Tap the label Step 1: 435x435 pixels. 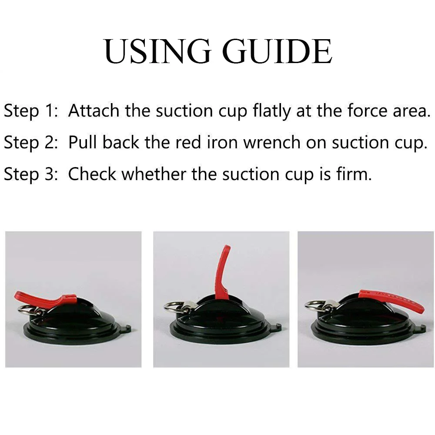click(x=31, y=111)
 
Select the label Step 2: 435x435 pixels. click(x=31, y=143)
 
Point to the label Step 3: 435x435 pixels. click(x=31, y=175)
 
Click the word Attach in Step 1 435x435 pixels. click(x=94, y=110)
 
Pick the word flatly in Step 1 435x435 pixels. click(x=271, y=111)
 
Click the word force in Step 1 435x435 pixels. click(x=367, y=110)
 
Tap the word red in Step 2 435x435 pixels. click(x=188, y=143)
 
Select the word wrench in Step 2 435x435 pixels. click(x=272, y=143)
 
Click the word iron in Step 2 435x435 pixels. click(x=222, y=143)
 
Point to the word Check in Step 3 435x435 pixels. click(x=92, y=174)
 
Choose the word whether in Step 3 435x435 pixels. click(x=154, y=174)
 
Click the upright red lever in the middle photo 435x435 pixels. click(x=222, y=272)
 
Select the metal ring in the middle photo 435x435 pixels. click(x=175, y=307)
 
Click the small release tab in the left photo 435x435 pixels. click(x=128, y=328)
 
